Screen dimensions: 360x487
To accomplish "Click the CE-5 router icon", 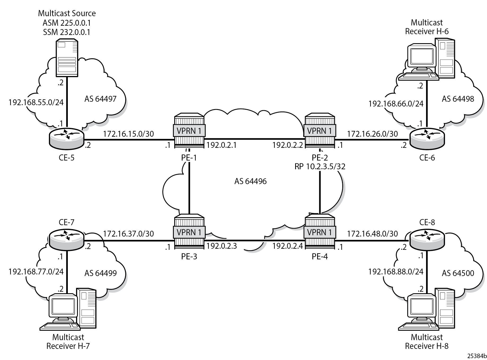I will click(67, 137).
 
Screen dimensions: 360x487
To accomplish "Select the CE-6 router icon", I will click(427, 137).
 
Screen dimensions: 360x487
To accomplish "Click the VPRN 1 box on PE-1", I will click(189, 131).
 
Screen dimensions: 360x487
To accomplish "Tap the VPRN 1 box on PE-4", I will click(320, 232).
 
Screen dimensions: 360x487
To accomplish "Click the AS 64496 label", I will click(250, 181).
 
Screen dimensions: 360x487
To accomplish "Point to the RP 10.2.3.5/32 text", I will click(320, 166).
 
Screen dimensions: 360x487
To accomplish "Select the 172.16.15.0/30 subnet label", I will click(129, 134).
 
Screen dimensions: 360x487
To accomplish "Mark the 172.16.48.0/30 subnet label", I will click(373, 233).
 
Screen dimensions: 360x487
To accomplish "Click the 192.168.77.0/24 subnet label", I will click(36, 272).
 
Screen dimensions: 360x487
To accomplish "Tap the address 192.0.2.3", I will click(222, 246).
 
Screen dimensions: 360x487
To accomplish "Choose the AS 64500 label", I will click(458, 273).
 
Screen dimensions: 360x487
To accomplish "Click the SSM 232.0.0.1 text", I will click(67, 32).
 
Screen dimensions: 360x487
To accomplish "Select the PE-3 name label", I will click(189, 256).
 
